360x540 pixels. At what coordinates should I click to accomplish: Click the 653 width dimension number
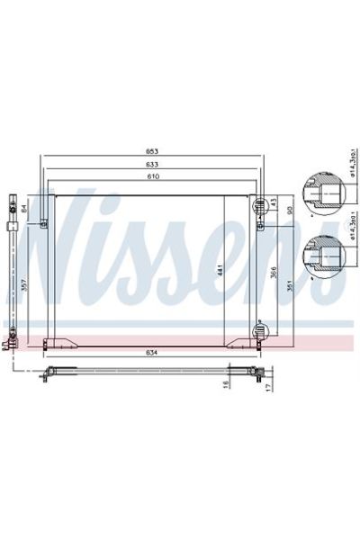155,151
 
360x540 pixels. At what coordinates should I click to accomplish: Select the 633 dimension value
155,165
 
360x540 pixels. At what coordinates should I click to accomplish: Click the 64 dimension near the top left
25,209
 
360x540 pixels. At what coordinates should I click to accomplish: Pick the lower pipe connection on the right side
262,330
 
